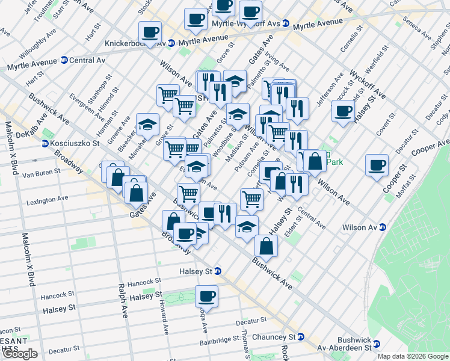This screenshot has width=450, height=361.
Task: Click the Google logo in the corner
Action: coord(20,354)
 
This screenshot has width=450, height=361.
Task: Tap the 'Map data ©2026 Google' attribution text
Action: coord(413,357)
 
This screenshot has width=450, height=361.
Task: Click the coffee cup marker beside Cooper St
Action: coord(377,166)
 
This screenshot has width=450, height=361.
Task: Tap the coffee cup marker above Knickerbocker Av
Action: coord(149,32)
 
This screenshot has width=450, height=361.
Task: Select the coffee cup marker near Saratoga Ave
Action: coord(206,296)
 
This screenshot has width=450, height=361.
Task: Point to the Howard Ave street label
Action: coord(162,317)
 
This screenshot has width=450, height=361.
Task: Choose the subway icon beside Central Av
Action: coord(64,60)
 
